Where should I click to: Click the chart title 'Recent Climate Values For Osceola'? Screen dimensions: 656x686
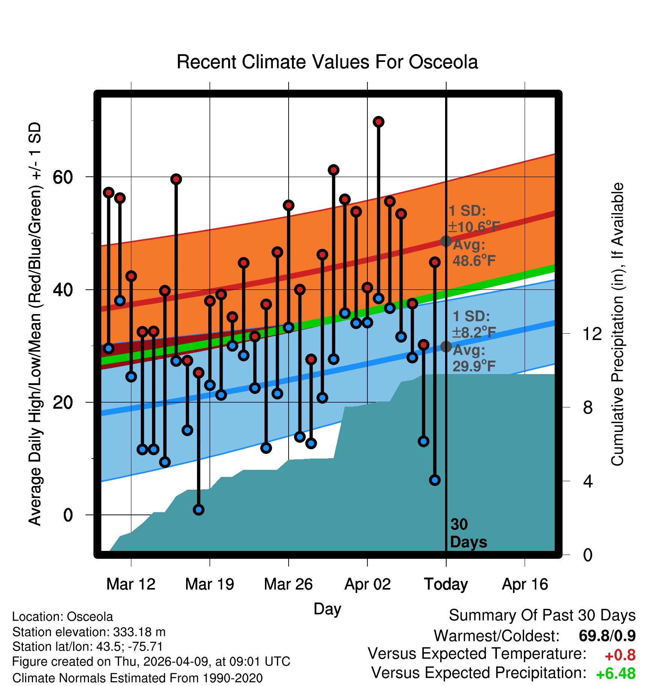tap(327, 62)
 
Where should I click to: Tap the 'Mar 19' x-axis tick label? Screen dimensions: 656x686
tap(209, 584)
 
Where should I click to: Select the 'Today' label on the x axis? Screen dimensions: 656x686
tap(446, 584)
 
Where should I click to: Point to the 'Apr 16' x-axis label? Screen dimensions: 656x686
tap(525, 584)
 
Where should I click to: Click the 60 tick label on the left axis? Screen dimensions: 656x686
tap(63, 177)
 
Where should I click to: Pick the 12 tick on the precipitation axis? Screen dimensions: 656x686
tap(592, 334)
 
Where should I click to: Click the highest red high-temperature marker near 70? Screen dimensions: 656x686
tap(378, 122)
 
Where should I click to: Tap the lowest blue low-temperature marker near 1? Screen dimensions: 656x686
tap(199, 510)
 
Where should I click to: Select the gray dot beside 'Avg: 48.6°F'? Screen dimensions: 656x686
tap(446, 241)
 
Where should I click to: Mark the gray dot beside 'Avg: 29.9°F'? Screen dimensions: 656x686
tap(446, 346)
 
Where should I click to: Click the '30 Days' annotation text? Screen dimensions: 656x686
tap(468, 533)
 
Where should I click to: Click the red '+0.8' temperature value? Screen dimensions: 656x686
tap(620, 655)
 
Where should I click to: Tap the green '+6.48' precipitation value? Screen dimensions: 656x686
tap(616, 674)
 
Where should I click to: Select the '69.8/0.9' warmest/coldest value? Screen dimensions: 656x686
tap(607, 636)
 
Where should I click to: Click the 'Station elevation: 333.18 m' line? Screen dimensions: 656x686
tap(89, 632)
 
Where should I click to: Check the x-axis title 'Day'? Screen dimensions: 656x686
tap(327, 609)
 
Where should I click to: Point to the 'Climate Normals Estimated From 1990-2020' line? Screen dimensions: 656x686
tap(137, 678)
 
